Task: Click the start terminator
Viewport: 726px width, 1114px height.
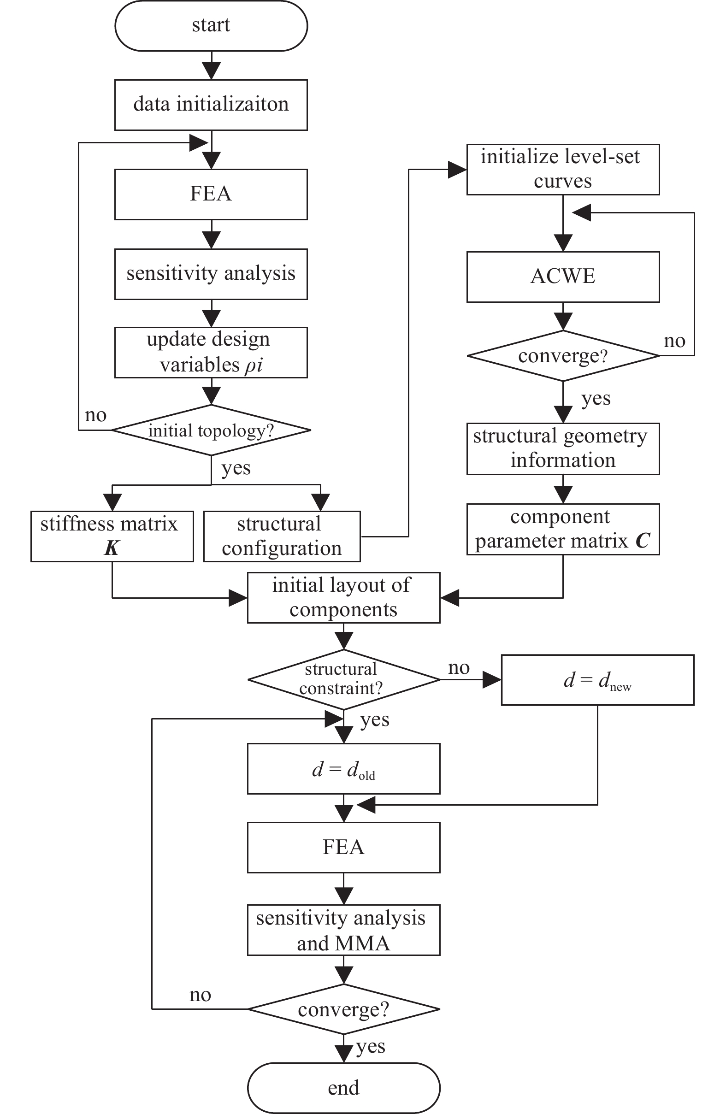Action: coord(211,26)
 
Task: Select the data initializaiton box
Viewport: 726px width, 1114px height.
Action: coord(211,105)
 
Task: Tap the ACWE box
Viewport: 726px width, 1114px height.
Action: coord(563,277)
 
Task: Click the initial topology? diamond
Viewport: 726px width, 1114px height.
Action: coord(211,430)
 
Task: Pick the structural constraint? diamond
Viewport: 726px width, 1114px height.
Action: coord(343,679)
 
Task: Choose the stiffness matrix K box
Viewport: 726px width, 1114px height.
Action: coord(112,536)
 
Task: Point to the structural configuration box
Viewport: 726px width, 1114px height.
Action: coord(282,536)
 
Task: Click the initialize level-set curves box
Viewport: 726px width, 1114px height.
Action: coord(563,170)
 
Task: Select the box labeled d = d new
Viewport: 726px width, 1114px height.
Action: coord(597,680)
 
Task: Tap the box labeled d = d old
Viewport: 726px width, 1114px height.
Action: coord(343,769)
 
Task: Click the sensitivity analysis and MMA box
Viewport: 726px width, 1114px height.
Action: coord(343,930)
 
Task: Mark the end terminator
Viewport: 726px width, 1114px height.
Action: coord(343,1087)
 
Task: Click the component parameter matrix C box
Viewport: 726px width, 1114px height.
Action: coord(563,529)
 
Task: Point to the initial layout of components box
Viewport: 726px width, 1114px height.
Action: coord(343,597)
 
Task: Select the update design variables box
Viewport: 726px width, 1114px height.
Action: coord(211,353)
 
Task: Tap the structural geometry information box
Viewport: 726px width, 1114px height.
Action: coord(563,448)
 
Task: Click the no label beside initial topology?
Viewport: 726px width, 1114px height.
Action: coord(95,415)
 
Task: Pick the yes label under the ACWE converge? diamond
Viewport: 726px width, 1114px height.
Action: coord(596,399)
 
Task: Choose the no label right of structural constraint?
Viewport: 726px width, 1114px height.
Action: coord(458,668)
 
